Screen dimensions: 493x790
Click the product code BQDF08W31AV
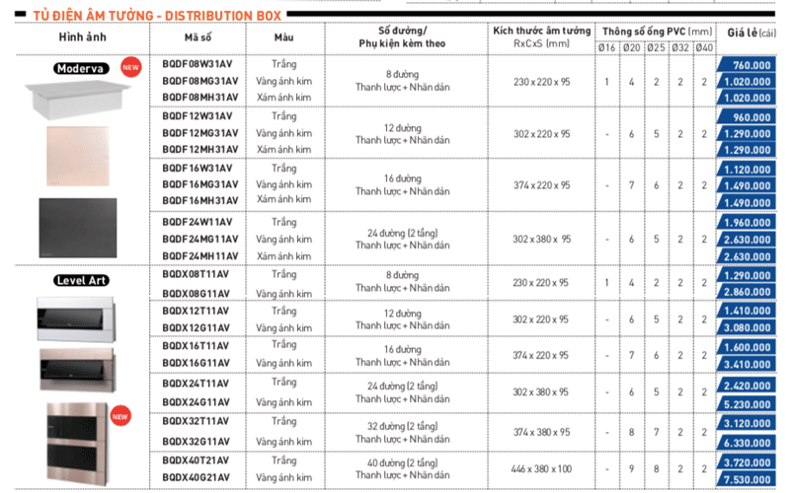pos(197,64)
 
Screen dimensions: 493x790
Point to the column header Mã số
pos(197,37)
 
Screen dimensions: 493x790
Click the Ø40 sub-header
pos(704,48)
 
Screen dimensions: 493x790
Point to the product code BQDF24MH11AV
pos(199,256)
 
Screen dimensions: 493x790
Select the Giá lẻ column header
pos(750,32)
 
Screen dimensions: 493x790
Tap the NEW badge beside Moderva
pos(128,67)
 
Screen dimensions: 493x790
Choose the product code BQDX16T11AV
pos(196,350)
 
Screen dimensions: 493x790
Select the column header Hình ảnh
pos(82,37)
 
